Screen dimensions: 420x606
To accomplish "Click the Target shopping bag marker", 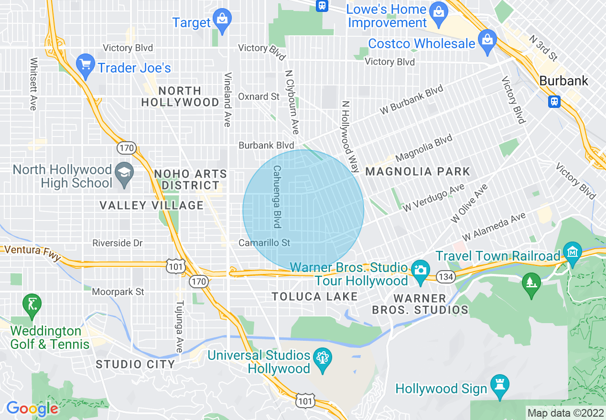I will click(222, 20).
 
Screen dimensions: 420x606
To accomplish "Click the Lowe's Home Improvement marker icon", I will click(437, 10).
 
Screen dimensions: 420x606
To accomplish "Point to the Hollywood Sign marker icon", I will click(500, 384).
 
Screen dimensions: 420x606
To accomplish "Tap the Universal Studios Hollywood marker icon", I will click(322, 358).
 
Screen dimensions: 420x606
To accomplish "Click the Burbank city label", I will click(563, 81).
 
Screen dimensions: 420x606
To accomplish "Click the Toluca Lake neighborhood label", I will click(314, 296).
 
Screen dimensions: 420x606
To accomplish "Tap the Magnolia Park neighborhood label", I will click(418, 171).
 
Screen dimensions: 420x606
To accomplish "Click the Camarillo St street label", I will click(264, 243).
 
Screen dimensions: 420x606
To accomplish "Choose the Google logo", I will click(32, 409).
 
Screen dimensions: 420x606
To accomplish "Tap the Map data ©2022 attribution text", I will click(564, 413).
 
